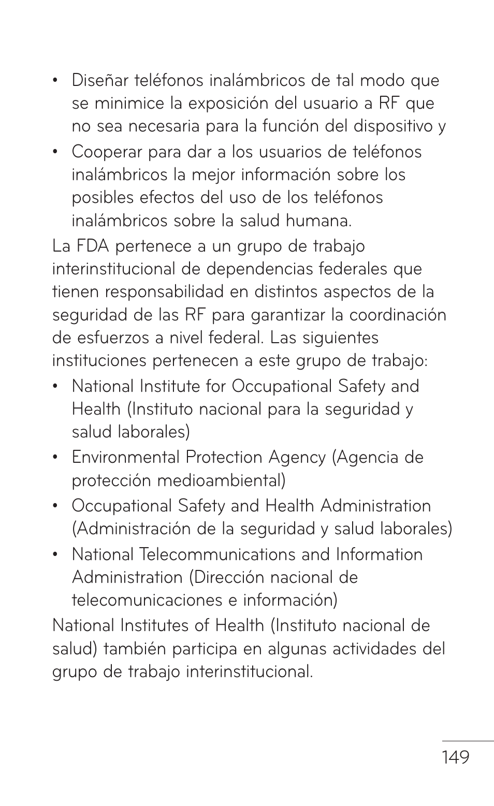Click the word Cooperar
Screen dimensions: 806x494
(x=107, y=152)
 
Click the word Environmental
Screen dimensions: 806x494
(x=126, y=458)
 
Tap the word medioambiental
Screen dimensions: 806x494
(x=221, y=481)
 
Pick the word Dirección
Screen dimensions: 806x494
(x=227, y=578)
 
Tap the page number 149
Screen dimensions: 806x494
(x=456, y=758)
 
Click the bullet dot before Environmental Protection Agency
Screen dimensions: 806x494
(x=55, y=458)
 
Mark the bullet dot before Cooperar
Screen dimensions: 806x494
(x=55, y=152)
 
